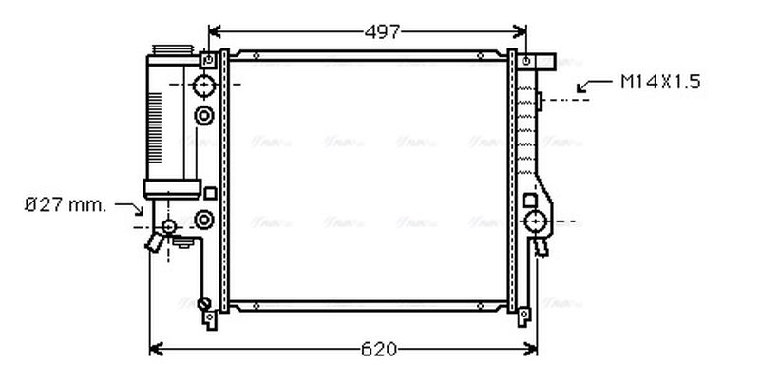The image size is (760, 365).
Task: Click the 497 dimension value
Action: click(383, 31)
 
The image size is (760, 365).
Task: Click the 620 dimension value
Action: click(378, 348)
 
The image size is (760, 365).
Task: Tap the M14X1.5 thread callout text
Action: click(661, 83)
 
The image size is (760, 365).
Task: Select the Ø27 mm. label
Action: click(66, 204)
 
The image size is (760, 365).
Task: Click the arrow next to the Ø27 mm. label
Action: click(130, 206)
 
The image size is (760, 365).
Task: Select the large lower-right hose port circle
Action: click(537, 224)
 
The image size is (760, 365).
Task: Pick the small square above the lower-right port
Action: click(529, 201)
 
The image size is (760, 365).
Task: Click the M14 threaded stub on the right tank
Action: click(538, 99)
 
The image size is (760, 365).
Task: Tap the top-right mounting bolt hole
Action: click(525, 61)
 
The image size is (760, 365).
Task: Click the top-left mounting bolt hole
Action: click(205, 60)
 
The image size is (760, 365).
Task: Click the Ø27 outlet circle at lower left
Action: click(169, 226)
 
